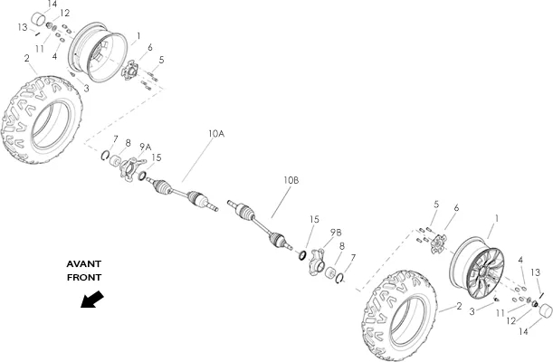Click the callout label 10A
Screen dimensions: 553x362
click(x=215, y=134)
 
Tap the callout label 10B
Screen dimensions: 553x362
click(x=291, y=180)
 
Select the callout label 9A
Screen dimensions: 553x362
click(x=146, y=147)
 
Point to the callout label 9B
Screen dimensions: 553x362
click(x=336, y=233)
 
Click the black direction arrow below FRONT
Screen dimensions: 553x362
click(x=92, y=300)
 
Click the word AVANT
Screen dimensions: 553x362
click(x=84, y=264)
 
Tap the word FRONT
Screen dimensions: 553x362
click(x=84, y=278)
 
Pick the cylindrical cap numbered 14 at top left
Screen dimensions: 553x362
click(x=39, y=19)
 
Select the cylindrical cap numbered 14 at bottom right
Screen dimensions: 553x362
click(x=545, y=310)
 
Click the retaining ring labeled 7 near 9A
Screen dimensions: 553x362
click(x=105, y=155)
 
